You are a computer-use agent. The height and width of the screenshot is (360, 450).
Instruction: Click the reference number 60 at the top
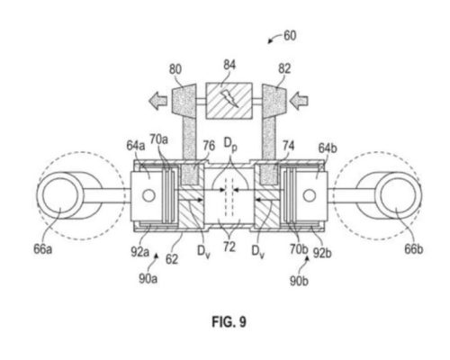(x=290, y=36)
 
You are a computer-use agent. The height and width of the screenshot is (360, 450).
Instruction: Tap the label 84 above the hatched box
(x=229, y=65)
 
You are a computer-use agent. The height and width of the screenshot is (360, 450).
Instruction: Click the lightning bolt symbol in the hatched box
(x=229, y=99)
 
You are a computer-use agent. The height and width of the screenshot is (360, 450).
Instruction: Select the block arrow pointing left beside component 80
(x=158, y=101)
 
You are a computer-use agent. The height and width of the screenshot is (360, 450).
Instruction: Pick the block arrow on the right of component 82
(x=299, y=101)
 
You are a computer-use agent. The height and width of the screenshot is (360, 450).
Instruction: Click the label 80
(x=175, y=69)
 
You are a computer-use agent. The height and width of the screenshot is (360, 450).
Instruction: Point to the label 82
(x=284, y=68)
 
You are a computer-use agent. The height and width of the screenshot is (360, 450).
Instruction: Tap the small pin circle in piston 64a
(x=148, y=195)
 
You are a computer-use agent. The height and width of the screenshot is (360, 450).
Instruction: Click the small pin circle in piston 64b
(x=310, y=195)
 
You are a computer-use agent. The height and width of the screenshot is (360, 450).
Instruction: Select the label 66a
(x=42, y=249)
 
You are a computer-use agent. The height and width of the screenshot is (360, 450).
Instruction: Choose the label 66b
(x=414, y=249)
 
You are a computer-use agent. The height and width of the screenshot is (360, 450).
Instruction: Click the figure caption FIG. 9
(x=229, y=322)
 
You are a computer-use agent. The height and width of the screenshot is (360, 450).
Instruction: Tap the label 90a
(x=148, y=279)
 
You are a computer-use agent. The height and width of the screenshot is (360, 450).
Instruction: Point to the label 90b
(x=299, y=281)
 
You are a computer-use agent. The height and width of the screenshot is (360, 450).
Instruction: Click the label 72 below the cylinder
(x=229, y=247)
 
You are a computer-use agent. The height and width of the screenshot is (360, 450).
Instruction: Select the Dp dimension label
(x=230, y=144)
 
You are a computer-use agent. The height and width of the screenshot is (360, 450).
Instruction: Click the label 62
(x=172, y=259)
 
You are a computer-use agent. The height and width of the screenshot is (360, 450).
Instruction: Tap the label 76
(x=209, y=146)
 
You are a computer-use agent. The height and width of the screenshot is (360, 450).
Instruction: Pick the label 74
(x=288, y=146)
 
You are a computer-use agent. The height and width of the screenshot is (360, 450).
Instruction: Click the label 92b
(x=322, y=254)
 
